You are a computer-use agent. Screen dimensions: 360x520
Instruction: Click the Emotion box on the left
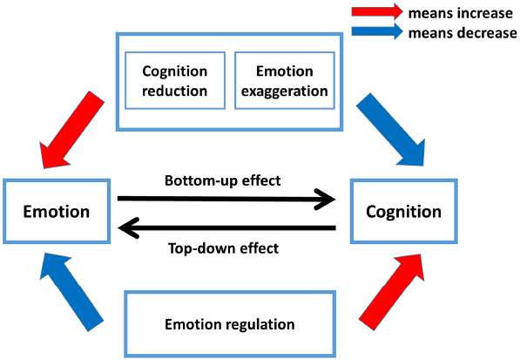(x=56, y=212)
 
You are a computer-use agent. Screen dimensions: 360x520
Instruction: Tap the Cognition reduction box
(x=175, y=81)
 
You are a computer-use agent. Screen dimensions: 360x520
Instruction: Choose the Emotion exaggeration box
(x=282, y=81)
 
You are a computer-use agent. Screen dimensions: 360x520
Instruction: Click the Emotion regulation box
(x=231, y=324)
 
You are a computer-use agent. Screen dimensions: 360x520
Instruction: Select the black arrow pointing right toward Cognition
(x=226, y=199)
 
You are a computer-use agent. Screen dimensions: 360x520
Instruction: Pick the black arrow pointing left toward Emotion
(x=226, y=228)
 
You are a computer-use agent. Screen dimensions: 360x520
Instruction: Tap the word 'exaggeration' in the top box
(x=282, y=90)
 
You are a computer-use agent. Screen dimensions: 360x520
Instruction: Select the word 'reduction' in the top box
(x=175, y=90)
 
